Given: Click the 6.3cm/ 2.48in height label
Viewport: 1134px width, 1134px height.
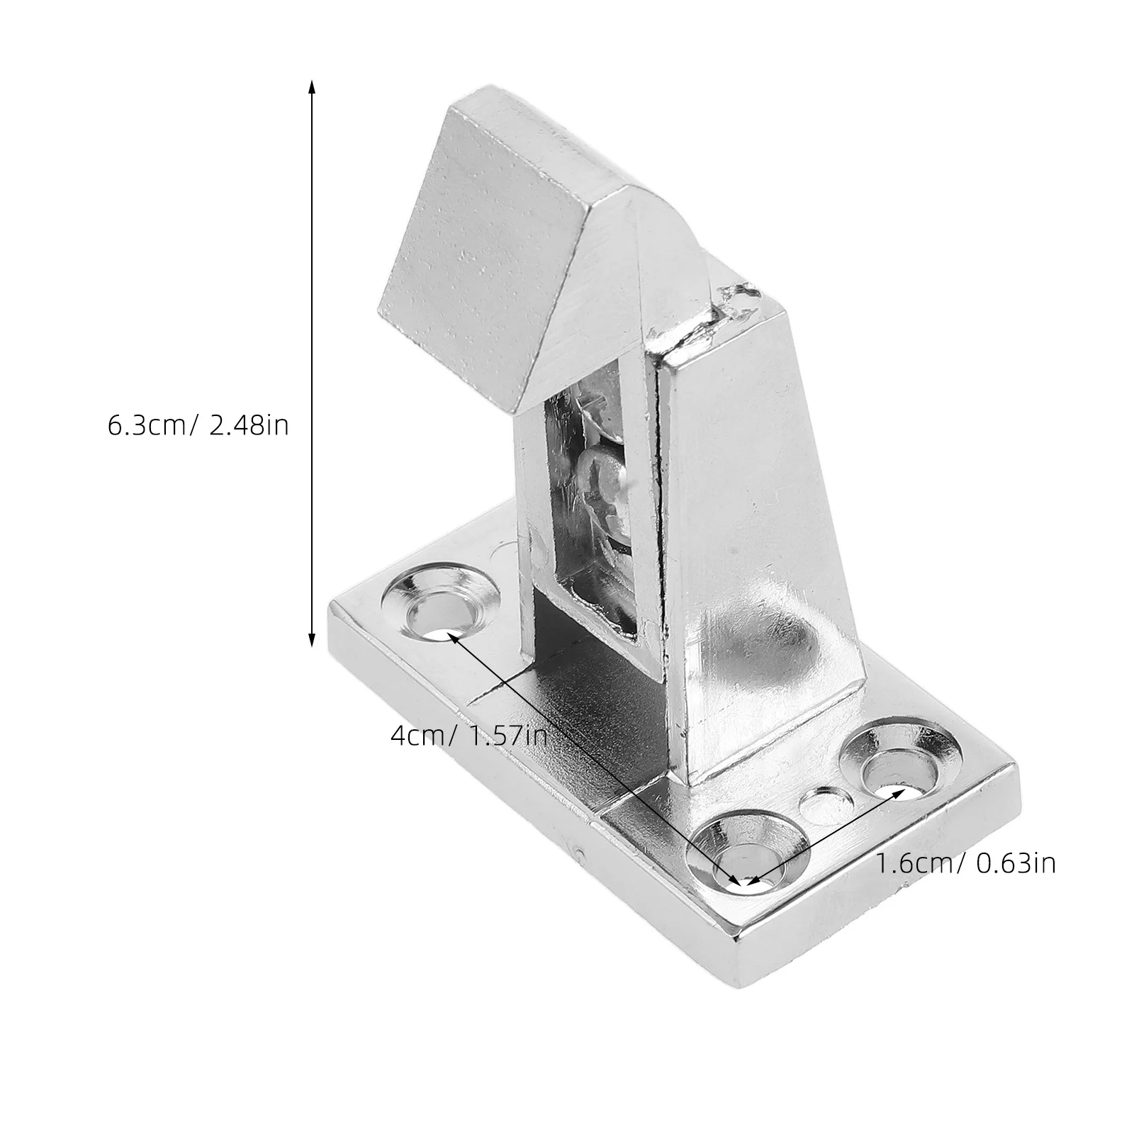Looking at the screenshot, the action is click(198, 425).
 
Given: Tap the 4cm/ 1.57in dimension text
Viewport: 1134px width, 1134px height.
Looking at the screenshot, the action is click(468, 735).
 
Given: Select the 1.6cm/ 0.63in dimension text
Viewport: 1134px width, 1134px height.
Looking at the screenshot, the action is click(966, 863).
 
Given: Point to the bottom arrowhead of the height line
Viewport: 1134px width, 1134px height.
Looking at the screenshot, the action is click(310, 639).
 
